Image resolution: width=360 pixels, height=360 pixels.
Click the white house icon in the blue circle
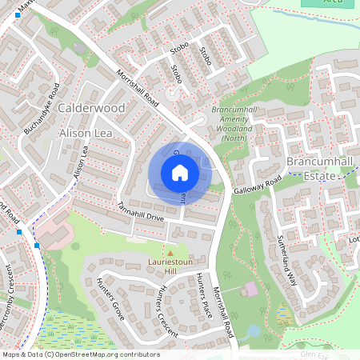179,172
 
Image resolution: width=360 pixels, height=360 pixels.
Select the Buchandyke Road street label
42,107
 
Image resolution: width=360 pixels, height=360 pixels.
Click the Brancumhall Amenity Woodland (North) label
235,123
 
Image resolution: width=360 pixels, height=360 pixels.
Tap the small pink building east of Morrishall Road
250,288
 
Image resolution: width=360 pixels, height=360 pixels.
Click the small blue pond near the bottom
254,330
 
